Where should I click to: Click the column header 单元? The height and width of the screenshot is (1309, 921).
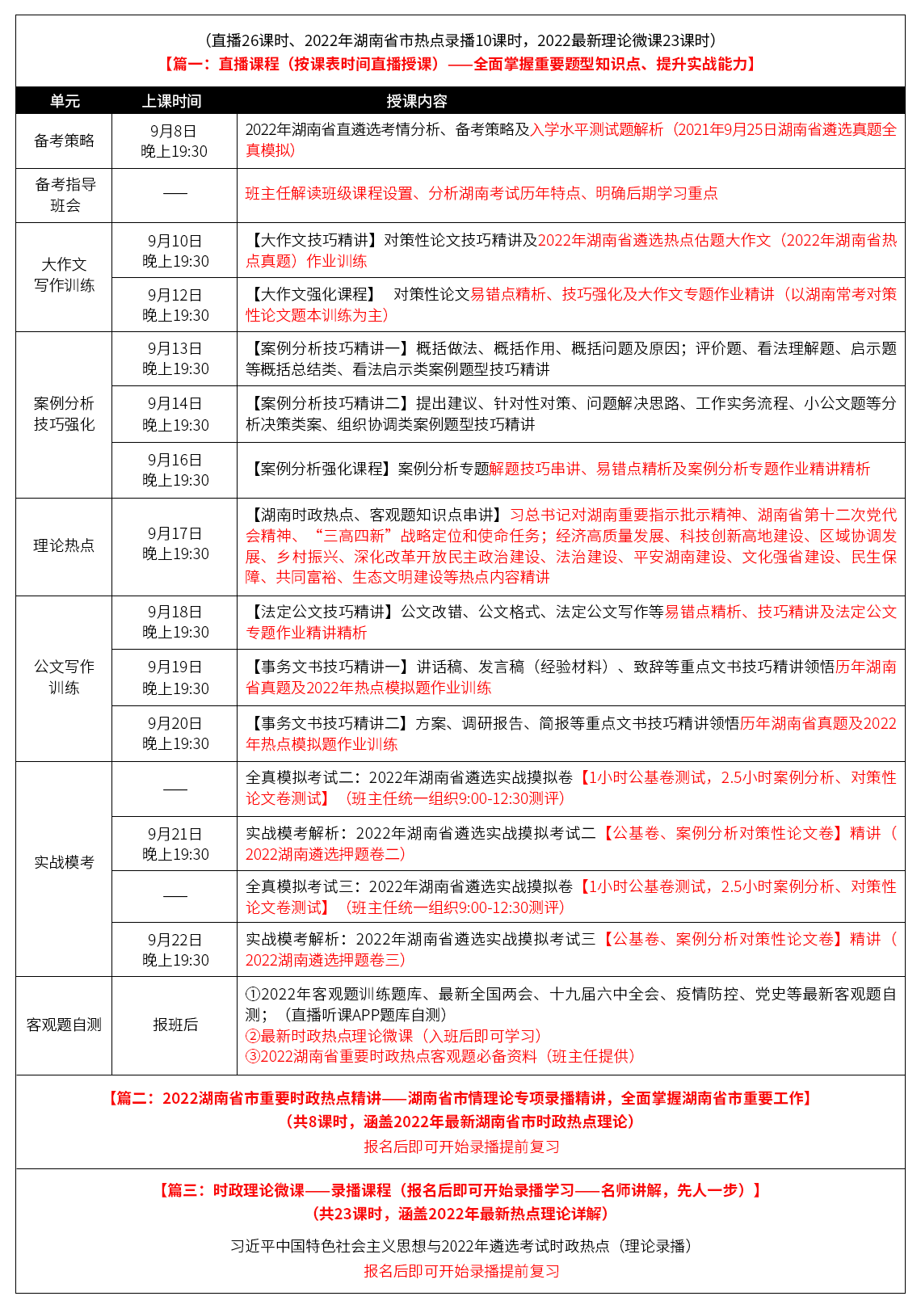click(x=65, y=101)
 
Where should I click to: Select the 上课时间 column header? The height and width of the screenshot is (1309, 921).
click(x=171, y=101)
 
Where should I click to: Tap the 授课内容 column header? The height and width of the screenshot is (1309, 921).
click(x=416, y=101)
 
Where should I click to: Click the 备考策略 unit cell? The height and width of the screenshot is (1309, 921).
click(x=64, y=141)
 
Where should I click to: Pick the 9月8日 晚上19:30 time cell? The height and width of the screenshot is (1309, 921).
click(x=174, y=141)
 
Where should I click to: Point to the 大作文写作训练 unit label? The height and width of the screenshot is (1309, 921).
click(x=64, y=275)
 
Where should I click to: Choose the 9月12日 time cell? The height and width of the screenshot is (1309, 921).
click(x=175, y=305)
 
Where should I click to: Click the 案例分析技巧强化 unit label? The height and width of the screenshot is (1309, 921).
click(x=64, y=414)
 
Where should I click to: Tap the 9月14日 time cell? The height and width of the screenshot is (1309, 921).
click(x=175, y=414)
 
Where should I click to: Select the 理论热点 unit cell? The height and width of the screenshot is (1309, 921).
click(x=64, y=545)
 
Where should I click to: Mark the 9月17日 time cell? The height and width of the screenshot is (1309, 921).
click(x=175, y=543)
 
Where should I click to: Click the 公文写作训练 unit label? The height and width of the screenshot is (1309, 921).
click(x=64, y=677)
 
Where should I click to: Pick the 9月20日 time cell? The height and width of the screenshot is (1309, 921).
click(x=175, y=733)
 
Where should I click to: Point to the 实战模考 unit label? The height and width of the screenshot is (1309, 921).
click(x=64, y=862)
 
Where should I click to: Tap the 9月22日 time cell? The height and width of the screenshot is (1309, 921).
click(x=175, y=949)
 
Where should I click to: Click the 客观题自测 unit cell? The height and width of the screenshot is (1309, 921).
click(x=64, y=1025)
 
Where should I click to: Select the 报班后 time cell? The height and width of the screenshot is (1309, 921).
click(x=175, y=1025)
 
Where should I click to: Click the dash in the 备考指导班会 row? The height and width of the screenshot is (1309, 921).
click(x=175, y=194)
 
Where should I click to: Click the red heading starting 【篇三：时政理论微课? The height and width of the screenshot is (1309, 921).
click(x=460, y=1190)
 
